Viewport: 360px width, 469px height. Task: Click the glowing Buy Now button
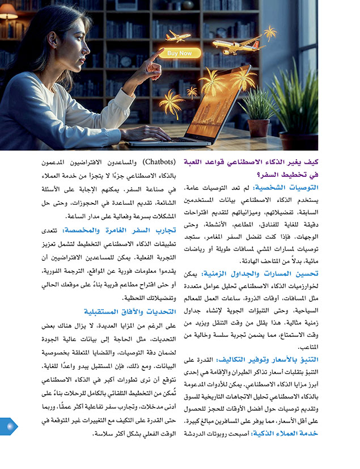tap(180, 53)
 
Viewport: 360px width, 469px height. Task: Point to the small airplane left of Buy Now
tap(177, 37)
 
